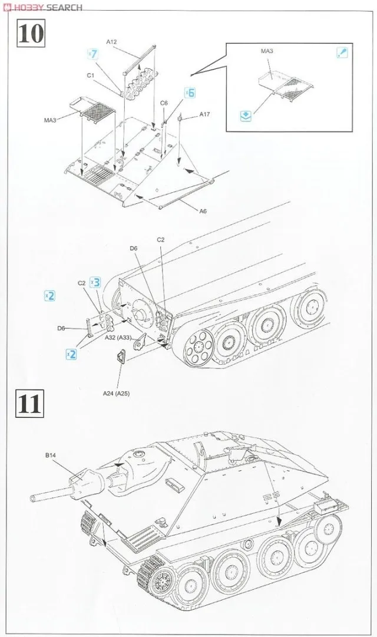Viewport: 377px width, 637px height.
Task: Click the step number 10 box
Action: click(31, 34)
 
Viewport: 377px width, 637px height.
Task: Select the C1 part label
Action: click(91, 75)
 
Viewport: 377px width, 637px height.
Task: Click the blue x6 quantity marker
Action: click(190, 93)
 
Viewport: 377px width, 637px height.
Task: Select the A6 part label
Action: click(203, 210)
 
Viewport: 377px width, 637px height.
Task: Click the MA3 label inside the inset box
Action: click(267, 51)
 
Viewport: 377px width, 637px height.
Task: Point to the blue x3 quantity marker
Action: click(95, 282)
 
